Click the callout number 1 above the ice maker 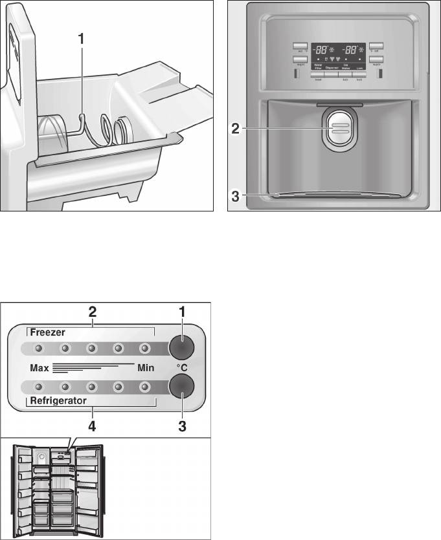pyautogui.click(x=81, y=38)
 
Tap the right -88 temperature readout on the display pyautogui.click(x=350, y=50)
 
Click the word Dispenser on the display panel pyautogui.click(x=332, y=66)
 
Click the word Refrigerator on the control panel pyautogui.click(x=59, y=401)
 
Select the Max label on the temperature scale pyautogui.click(x=40, y=367)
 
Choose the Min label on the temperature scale pyautogui.click(x=144, y=367)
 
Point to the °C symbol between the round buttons pyautogui.click(x=182, y=367)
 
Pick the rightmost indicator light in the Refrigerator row pyautogui.click(x=144, y=387)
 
